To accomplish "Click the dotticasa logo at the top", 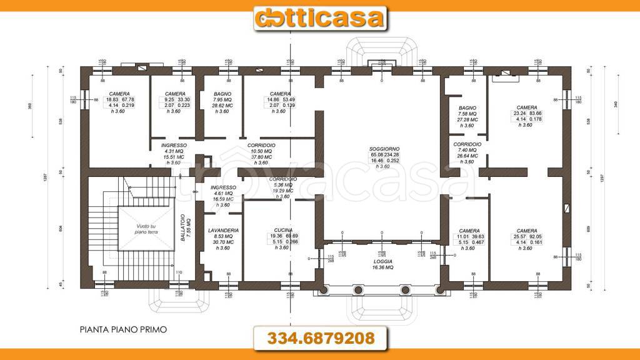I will (x=319, y=17).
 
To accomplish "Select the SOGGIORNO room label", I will (x=384, y=147).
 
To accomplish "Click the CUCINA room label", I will (x=282, y=230).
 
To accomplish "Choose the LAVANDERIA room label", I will (x=223, y=231).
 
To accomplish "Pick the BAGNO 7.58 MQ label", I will (x=467, y=107).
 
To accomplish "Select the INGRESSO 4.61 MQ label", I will (x=223, y=187).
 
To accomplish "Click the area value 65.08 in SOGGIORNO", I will (x=377, y=154).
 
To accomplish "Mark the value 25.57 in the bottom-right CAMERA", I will (x=519, y=237).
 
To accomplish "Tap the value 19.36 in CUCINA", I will (x=276, y=236).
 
